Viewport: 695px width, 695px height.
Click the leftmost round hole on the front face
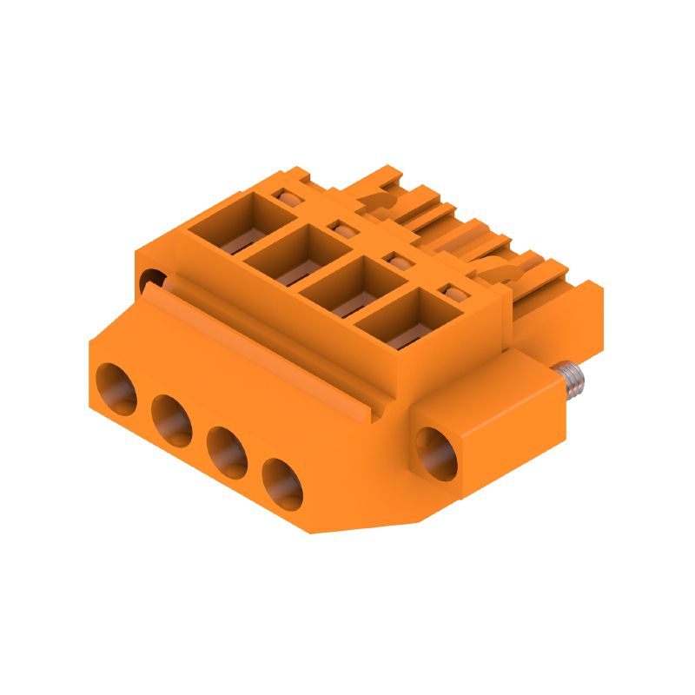116,388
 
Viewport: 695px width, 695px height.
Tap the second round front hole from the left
171,419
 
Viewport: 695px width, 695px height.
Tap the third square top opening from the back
343,284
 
